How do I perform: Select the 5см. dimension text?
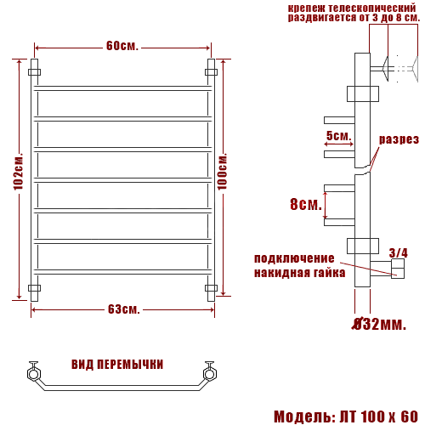[x=337, y=136]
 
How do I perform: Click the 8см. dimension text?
[x=305, y=205]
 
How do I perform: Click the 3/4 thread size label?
[x=398, y=252]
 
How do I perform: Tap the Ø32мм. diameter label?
[x=379, y=324]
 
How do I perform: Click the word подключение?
[x=294, y=258]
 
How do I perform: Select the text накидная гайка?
[x=299, y=273]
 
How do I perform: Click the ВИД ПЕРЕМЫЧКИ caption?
[x=117, y=365]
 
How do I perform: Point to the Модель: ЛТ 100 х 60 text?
[x=346, y=416]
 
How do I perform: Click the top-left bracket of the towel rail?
[x=35, y=72]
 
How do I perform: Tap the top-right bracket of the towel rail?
[x=211, y=72]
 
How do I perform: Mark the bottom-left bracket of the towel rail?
[x=35, y=288]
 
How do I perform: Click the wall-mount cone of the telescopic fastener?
[x=401, y=67]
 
